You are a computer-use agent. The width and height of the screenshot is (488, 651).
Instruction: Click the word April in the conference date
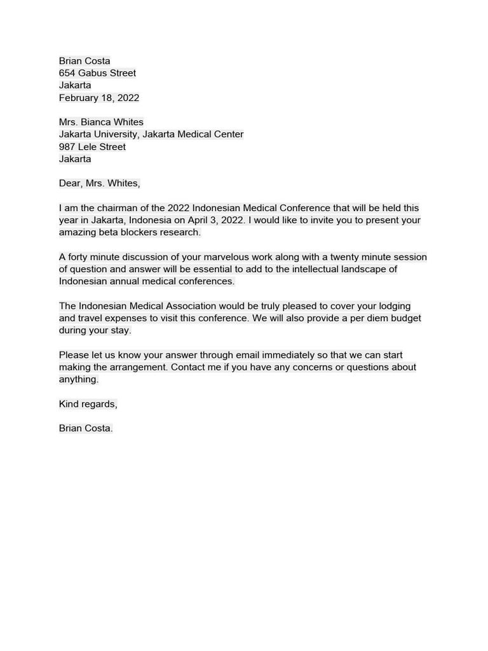(x=200, y=221)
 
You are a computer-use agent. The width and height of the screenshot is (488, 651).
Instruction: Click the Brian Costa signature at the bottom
(x=86, y=428)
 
